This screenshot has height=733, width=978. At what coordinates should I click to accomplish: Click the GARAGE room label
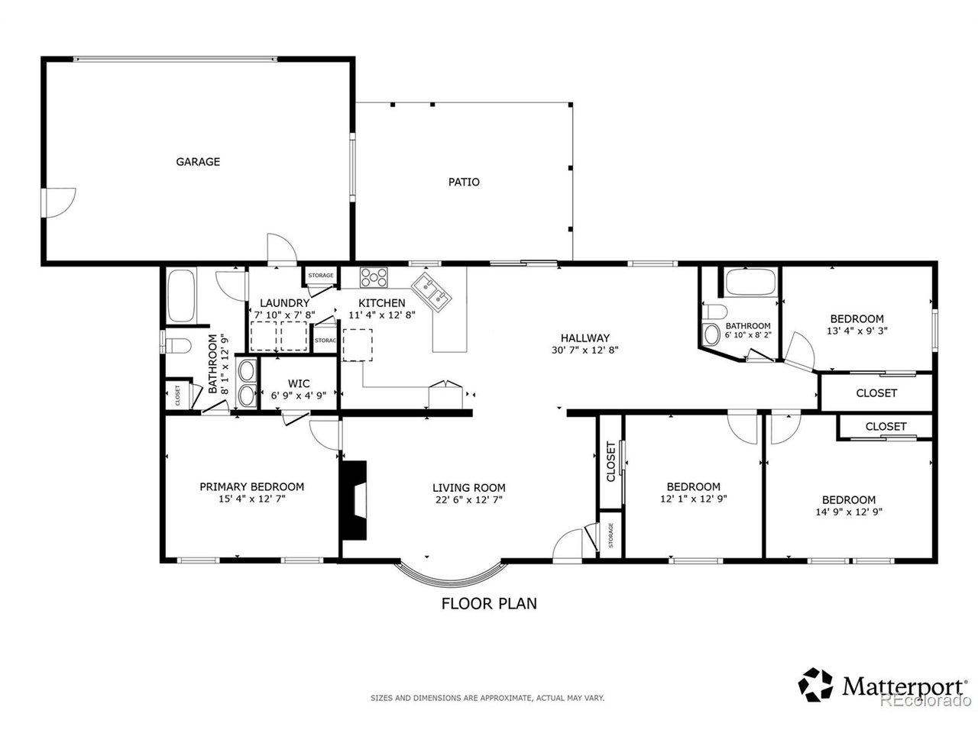click(x=198, y=162)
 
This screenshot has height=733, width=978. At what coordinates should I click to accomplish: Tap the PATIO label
click(x=464, y=182)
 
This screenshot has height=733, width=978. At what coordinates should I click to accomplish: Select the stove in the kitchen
click(x=374, y=277)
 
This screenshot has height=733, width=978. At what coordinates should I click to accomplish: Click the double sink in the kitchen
click(x=431, y=292)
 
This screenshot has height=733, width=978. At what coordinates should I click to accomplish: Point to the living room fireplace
click(x=354, y=500)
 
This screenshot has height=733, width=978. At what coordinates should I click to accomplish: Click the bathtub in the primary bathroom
click(x=181, y=295)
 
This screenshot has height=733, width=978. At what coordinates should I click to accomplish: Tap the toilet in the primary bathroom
click(x=177, y=345)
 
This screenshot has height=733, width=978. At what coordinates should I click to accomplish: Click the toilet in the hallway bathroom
click(x=714, y=312)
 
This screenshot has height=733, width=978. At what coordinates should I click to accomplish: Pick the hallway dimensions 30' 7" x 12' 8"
click(x=585, y=350)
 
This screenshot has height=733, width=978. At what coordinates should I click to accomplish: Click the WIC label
click(x=299, y=383)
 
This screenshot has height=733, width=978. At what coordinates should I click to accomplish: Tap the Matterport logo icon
click(x=815, y=684)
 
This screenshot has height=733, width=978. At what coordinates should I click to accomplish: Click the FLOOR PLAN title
click(x=489, y=603)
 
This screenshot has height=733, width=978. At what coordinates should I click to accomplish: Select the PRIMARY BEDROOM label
click(x=251, y=487)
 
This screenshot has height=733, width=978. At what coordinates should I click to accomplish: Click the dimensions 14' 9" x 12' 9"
click(x=849, y=512)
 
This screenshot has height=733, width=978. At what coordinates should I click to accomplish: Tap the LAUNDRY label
click(x=284, y=303)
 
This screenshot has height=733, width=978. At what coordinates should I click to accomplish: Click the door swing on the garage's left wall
click(x=60, y=203)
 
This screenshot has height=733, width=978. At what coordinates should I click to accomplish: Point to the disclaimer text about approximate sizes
click(x=487, y=699)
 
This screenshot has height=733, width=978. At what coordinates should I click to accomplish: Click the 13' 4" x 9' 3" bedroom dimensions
click(x=857, y=331)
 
